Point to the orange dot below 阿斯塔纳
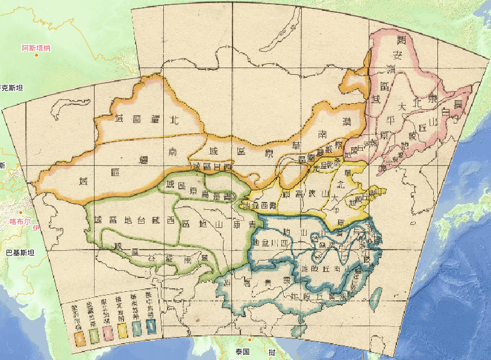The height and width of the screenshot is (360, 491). click(36, 55)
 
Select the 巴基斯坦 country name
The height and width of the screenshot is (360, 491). click(19, 252)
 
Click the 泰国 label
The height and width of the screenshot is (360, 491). click(242, 351)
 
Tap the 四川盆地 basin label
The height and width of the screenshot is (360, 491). click(274, 243)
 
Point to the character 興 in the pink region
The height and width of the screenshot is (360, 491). click(401, 41)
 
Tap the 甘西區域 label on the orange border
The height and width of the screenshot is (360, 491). click(212, 165)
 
